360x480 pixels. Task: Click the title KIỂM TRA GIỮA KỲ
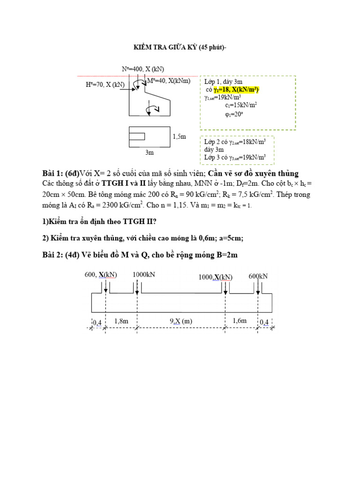pos(180,47)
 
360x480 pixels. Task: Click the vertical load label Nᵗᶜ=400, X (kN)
pos(143,69)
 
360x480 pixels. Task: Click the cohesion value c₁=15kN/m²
pos(240,105)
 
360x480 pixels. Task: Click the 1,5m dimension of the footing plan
pos(180,136)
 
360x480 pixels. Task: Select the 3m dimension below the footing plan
pos(150,152)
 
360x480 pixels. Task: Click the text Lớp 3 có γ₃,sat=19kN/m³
pos(235,157)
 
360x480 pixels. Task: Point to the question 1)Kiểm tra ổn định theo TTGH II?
pos(93,222)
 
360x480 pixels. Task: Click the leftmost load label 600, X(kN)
pos(101,275)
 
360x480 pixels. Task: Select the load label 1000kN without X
pos(143,275)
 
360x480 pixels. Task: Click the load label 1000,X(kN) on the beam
pos(215,277)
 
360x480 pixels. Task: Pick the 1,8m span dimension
pos(121,321)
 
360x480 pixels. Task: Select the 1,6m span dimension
pos(240,321)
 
